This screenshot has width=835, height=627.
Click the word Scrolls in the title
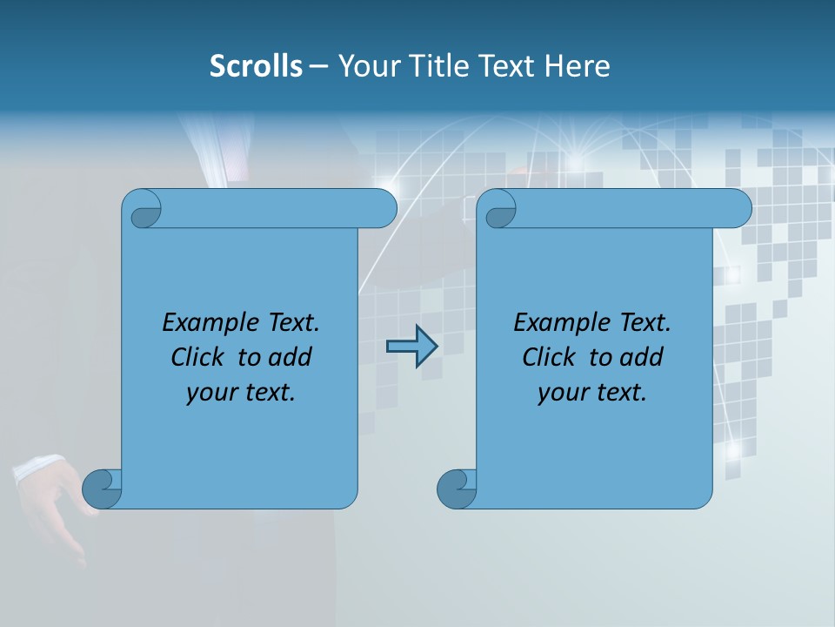[x=256, y=66]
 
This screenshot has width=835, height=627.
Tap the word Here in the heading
[x=577, y=66]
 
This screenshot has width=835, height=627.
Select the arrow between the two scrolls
[x=411, y=347]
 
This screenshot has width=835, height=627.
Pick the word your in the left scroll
[x=210, y=393]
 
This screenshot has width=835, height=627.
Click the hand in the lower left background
[x=52, y=496]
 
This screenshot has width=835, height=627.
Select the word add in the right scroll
[x=639, y=358]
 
